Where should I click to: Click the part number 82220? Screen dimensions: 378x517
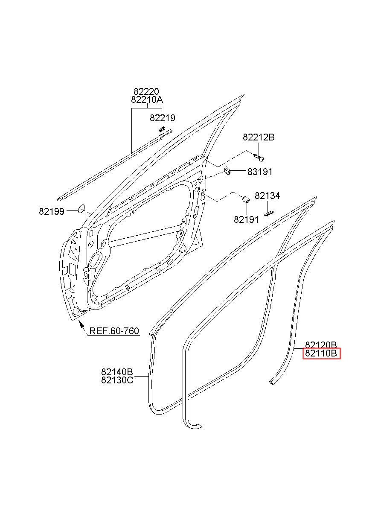click(146, 92)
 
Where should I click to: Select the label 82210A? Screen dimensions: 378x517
click(147, 100)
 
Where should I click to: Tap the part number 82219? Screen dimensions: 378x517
click(163, 118)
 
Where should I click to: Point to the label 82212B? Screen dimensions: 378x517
click(259, 137)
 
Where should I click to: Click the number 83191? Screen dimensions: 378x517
click(260, 172)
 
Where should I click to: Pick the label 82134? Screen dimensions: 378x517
click(268, 196)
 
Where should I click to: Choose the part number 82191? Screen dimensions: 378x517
click(246, 219)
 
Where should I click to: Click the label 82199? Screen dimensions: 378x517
click(52, 211)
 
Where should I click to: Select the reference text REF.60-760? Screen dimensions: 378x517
click(114, 331)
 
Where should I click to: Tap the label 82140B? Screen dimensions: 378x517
click(117, 372)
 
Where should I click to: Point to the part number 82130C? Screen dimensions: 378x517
click(117, 380)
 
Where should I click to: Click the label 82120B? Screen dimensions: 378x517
click(321, 345)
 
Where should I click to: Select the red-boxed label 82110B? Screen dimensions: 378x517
click(321, 353)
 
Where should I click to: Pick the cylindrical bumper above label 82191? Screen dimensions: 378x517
click(246, 199)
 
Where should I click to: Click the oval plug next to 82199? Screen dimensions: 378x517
click(81, 208)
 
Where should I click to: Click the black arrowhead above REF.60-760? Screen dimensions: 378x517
click(81, 324)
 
